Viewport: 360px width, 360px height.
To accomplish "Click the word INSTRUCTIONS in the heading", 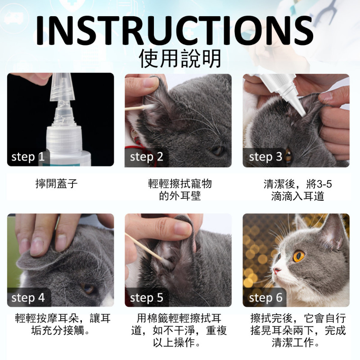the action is click(175, 31).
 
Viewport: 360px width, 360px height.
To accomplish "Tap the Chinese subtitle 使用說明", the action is click(180, 58).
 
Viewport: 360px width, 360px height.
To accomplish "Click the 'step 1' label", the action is click(28, 157).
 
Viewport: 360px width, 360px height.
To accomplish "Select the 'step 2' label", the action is click(147, 157).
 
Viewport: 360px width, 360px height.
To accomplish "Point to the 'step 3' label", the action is click(265, 157).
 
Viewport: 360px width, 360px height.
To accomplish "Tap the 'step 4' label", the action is click(28, 298).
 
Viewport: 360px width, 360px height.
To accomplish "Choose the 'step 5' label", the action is click(147, 298).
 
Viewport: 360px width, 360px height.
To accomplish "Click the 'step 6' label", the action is click(265, 298).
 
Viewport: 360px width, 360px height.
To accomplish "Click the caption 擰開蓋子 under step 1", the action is click(57, 184).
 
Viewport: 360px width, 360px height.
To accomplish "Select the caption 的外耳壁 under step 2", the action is click(180, 196).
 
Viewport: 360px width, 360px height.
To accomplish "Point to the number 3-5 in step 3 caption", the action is click(324, 184).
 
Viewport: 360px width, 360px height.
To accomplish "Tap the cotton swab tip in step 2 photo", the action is click(150, 107).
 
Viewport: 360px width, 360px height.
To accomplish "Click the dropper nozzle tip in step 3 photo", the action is click(302, 114).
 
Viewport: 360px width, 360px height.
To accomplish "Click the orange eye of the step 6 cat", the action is click(299, 256).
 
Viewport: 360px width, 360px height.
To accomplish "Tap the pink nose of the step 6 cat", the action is click(277, 270).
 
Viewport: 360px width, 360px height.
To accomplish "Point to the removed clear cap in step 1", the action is click(62, 87).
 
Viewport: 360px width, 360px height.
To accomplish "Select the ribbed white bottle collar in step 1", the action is click(64, 138).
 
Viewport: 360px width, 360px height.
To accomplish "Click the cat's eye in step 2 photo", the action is click(217, 151).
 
